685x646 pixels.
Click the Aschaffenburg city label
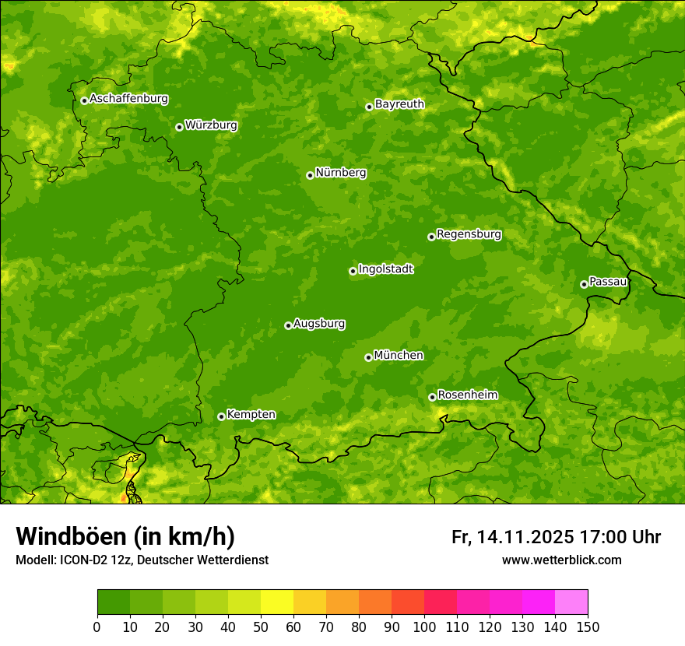[x=128, y=99]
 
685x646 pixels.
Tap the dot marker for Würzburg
[x=179, y=127]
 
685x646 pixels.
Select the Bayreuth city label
[x=399, y=104]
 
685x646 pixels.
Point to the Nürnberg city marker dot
[x=310, y=175]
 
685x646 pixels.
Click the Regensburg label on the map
[x=469, y=234]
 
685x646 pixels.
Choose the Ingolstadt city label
[x=385, y=269]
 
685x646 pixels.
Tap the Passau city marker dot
[x=584, y=284]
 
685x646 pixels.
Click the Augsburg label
[x=319, y=324]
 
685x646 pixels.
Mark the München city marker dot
[x=368, y=357]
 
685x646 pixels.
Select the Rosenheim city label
[x=467, y=395]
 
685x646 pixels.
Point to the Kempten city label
[x=251, y=415]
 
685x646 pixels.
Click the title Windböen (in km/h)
[x=125, y=536]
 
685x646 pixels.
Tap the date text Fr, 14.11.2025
[x=513, y=537]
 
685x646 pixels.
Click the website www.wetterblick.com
[x=561, y=560]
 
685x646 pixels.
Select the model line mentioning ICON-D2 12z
[x=142, y=560]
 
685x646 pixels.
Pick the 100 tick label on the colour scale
[x=424, y=627]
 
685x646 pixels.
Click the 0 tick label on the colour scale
[x=97, y=627]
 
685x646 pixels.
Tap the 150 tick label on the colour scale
[x=588, y=627]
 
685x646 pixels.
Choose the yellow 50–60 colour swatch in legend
[x=277, y=602]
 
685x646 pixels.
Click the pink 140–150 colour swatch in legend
[x=571, y=602]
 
